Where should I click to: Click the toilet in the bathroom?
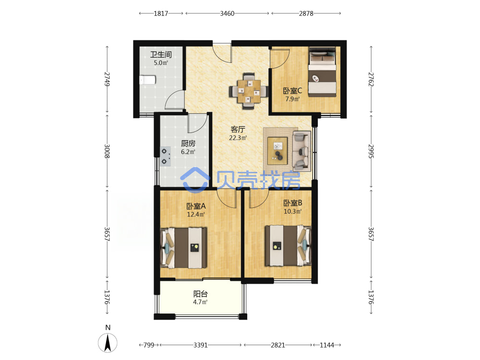[147, 80]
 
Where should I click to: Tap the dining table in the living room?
[249, 91]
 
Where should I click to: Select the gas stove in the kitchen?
[165, 156]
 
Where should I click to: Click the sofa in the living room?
[301, 151]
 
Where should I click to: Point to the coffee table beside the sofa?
[277, 151]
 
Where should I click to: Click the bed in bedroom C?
[323, 72]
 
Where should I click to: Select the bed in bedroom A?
[184, 248]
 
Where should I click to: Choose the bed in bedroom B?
[288, 245]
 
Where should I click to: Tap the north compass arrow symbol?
[108, 343]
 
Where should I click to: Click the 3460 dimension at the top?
[227, 13]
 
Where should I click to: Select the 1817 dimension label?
[161, 13]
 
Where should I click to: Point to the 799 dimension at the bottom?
[149, 345]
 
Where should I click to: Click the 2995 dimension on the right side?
[371, 151]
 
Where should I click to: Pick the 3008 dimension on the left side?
[107, 151]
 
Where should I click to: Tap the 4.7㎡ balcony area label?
[200, 302]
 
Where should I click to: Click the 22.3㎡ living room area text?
[238, 138]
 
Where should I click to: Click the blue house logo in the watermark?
[195, 180]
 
